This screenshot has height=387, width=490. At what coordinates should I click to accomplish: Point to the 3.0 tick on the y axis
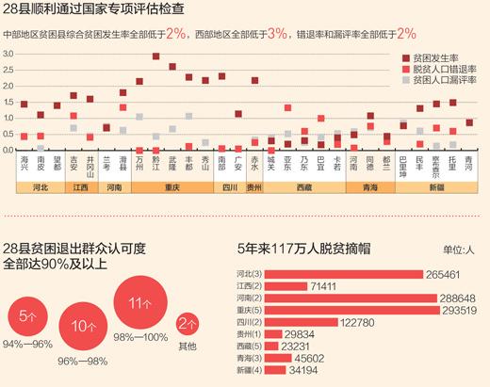[8, 56]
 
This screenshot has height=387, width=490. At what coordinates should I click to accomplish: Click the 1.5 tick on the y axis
[8, 103]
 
